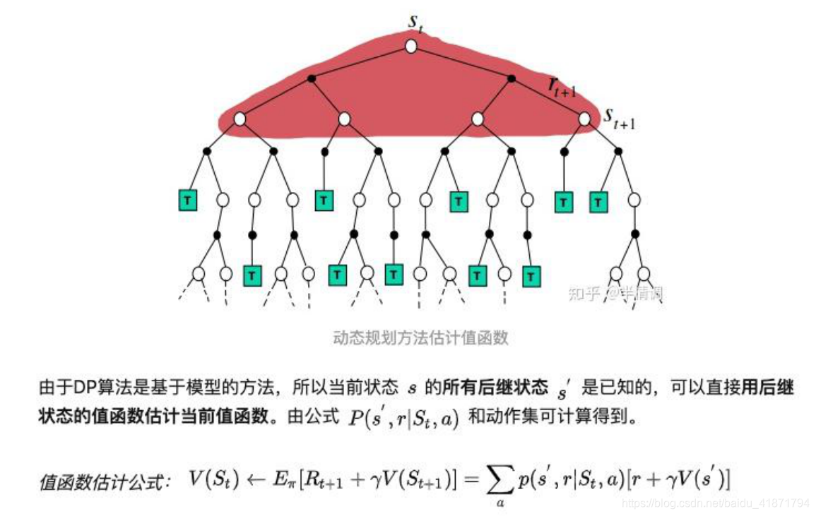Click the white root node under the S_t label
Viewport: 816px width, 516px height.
[x=411, y=47]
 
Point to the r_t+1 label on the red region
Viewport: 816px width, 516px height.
[x=563, y=86]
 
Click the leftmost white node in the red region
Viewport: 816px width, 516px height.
[x=240, y=119]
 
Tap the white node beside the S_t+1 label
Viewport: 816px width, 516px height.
[x=584, y=119]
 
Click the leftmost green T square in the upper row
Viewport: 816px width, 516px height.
[x=187, y=200]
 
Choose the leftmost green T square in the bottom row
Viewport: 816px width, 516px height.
[x=252, y=274]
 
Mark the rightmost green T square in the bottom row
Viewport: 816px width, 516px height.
[x=531, y=274]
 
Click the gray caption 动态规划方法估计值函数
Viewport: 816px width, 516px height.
[x=420, y=338]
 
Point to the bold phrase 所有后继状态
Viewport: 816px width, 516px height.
[x=495, y=388]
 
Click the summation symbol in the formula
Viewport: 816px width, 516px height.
[x=499, y=480]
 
